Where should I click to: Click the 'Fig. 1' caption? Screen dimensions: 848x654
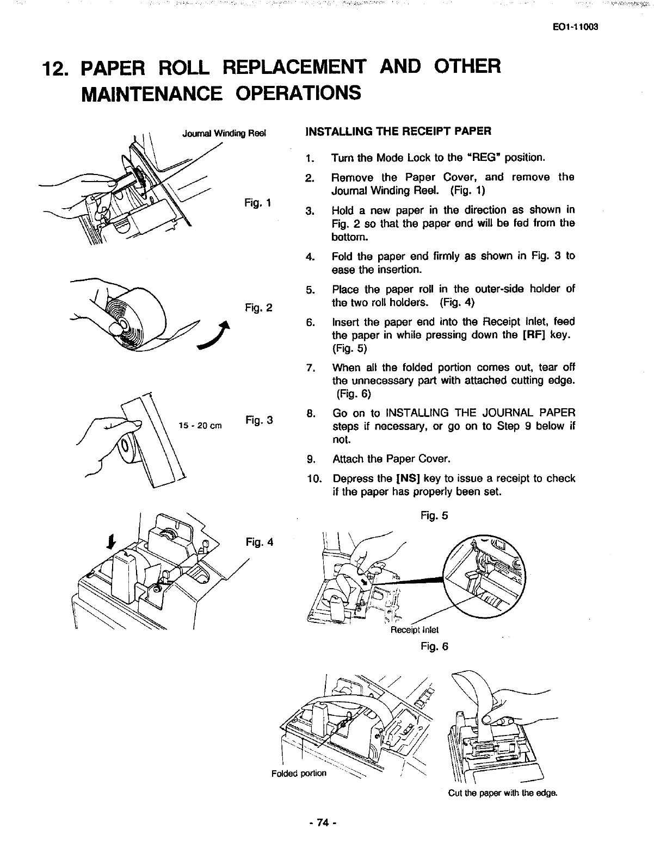(x=258, y=203)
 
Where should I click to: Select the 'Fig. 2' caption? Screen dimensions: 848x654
(x=258, y=308)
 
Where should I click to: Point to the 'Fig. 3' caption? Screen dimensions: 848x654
(x=258, y=420)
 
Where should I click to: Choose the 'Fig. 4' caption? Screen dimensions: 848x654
(x=260, y=542)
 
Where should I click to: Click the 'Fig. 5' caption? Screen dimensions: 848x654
(x=434, y=515)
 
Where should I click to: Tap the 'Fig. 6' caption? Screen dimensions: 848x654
(x=434, y=646)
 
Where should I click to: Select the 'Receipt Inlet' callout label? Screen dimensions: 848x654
(x=415, y=630)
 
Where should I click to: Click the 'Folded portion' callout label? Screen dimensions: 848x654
(x=299, y=773)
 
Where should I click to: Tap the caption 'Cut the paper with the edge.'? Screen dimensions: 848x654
(x=503, y=793)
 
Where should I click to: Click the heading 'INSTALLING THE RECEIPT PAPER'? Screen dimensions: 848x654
(x=399, y=131)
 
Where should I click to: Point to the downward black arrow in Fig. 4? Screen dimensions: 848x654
(x=111, y=541)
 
